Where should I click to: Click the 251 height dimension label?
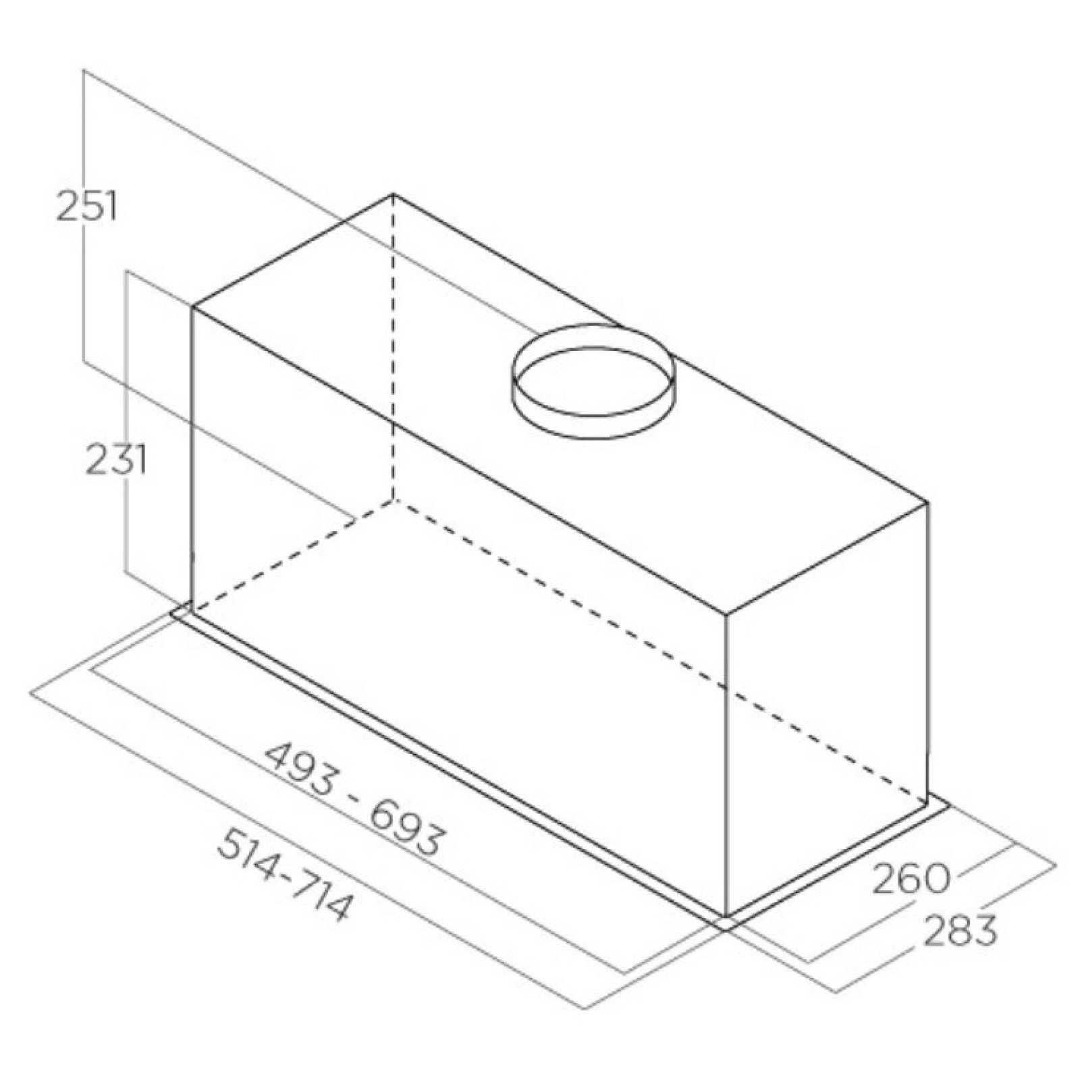pyautogui.click(x=86, y=206)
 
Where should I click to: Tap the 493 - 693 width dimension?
pyautogui.click(x=355, y=799)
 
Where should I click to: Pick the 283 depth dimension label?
pyautogui.click(x=959, y=931)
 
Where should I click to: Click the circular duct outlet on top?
pyautogui.click(x=593, y=382)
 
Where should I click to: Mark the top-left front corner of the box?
pyautogui.click(x=192, y=308)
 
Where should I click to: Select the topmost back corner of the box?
pyautogui.click(x=394, y=194)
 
